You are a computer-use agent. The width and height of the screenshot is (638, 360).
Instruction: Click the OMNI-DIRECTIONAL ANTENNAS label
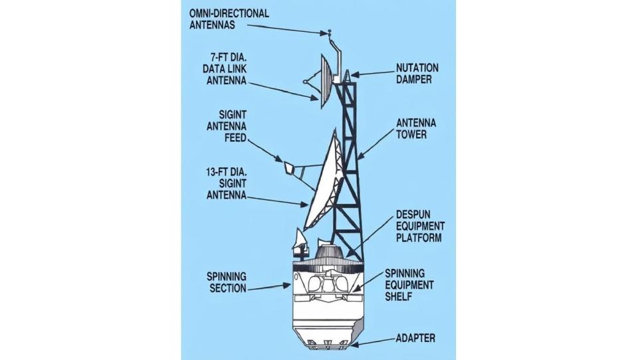tap(229, 19)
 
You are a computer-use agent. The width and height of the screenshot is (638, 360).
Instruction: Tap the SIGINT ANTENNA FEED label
tap(227, 126)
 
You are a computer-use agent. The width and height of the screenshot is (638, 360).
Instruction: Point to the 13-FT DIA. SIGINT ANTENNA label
tap(227, 183)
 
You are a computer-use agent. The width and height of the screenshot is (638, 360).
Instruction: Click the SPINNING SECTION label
tap(227, 282)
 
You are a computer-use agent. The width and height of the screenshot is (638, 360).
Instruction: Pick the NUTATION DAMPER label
tap(417, 73)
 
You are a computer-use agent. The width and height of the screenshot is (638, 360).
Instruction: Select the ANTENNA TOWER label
tap(416, 129)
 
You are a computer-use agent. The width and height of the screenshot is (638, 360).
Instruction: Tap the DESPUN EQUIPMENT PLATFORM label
tap(421, 226)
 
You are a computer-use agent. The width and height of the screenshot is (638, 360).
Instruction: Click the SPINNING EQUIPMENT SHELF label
tap(409, 285)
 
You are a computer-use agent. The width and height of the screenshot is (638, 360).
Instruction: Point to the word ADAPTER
tap(415, 338)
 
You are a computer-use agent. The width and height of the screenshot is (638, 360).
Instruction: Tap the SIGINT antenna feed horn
tap(290, 168)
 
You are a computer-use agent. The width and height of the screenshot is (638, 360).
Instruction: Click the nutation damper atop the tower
tap(348, 75)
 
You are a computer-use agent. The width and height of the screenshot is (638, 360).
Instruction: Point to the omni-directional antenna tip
tap(330, 31)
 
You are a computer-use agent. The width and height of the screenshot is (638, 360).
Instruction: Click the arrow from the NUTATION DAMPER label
tap(373, 74)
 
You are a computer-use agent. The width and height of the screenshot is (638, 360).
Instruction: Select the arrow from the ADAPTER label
tap(373, 342)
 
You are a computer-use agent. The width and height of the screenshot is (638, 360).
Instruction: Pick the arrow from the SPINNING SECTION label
tap(269, 287)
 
